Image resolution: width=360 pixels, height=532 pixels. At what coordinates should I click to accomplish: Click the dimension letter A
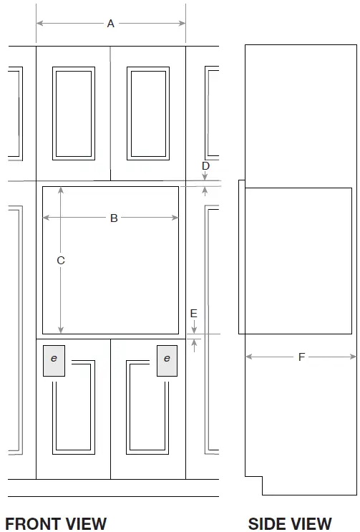tap(110, 24)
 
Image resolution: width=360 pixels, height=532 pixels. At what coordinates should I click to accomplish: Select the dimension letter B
tap(114, 218)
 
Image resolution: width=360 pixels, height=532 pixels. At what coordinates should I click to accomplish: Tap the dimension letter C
tap(61, 260)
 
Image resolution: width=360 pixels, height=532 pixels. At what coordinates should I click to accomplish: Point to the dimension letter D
tap(205, 165)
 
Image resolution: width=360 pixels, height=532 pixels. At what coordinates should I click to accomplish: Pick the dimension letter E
tap(193, 313)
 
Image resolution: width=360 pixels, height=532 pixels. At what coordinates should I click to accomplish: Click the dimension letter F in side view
tap(302, 357)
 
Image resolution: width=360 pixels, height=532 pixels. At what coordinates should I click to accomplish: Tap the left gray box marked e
tap(54, 361)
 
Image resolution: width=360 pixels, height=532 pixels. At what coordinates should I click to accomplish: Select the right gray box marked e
tap(167, 361)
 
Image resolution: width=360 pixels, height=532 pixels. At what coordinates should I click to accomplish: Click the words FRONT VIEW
tap(56, 523)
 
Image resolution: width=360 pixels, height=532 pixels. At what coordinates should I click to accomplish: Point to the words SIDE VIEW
tap(290, 523)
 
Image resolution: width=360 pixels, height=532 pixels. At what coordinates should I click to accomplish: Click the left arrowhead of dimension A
tap(39, 23)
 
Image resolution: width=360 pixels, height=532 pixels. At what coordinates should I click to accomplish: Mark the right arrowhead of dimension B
tap(175, 218)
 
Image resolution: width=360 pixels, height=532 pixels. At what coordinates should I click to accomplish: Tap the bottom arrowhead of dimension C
tap(61, 330)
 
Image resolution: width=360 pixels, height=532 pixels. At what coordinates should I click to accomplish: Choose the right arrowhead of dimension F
tap(353, 357)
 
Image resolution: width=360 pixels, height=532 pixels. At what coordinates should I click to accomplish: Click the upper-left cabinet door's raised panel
tap(74, 113)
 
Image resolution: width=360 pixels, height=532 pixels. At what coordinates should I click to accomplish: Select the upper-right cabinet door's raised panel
tap(148, 113)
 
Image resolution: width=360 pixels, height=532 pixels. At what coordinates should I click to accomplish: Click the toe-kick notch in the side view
tap(254, 485)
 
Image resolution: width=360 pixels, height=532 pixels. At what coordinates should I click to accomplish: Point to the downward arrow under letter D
tap(205, 175)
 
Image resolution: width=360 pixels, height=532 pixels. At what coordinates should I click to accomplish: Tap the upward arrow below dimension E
tap(194, 345)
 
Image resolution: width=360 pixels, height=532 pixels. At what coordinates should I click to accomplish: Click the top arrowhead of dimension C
tap(61, 190)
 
